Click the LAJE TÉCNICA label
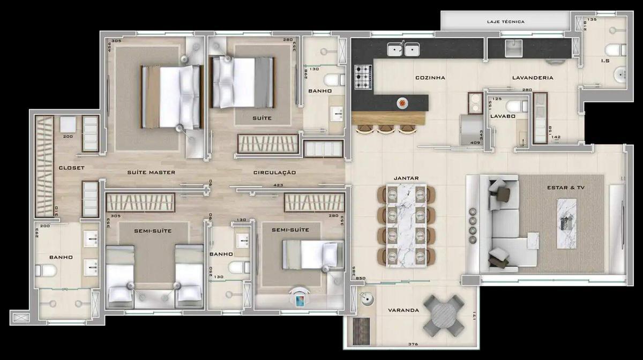pyautogui.click(x=505, y=22)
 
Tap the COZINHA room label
pyautogui.click(x=430, y=78)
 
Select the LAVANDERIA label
pyautogui.click(x=532, y=78)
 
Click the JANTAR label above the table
pyautogui.click(x=406, y=178)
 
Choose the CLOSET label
pyautogui.click(x=71, y=168)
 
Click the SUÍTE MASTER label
pyautogui.click(x=151, y=172)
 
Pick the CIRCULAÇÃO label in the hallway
pyautogui.click(x=275, y=172)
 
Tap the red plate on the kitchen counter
pyautogui.click(x=402, y=102)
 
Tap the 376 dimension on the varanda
pyautogui.click(x=412, y=344)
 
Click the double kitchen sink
pyautogui.click(x=404, y=50)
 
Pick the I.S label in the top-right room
pyautogui.click(x=605, y=61)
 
